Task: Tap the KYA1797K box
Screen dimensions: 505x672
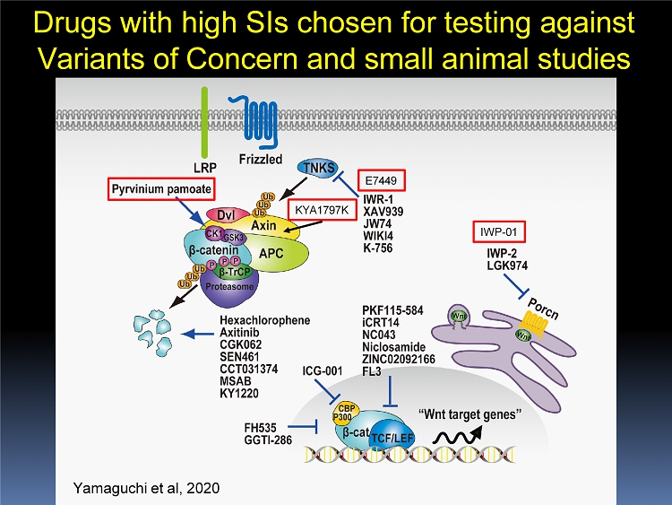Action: click(x=317, y=211)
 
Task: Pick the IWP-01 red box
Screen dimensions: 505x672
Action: click(x=499, y=232)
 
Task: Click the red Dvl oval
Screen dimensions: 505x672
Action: click(x=220, y=214)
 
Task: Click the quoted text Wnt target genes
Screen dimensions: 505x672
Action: click(x=470, y=414)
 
